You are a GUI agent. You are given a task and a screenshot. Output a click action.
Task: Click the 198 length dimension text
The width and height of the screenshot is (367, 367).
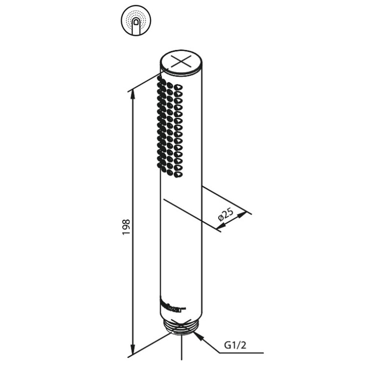coord(126,227)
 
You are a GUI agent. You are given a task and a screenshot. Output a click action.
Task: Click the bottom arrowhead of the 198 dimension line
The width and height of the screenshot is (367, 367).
coord(133,350)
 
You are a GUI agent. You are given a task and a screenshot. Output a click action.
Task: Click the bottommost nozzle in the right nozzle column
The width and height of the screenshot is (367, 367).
coord(178,175)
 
